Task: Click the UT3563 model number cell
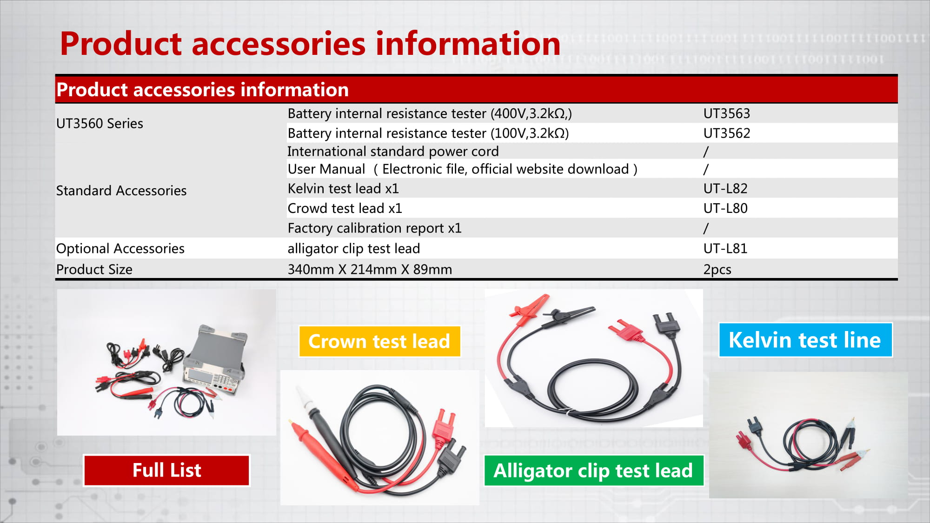[726, 113]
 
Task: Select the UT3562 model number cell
[726, 133]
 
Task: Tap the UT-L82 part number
[725, 188]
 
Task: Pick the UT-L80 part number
[725, 208]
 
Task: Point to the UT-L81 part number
[725, 248]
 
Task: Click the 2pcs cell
[717, 270]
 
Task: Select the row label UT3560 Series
[100, 124]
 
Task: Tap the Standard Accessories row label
[121, 191]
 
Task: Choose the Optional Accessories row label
[120, 249]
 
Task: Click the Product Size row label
[94, 270]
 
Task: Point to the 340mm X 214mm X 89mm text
[370, 270]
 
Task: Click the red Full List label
[166, 470]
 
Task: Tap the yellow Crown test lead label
[379, 341]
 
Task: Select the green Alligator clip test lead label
[594, 470]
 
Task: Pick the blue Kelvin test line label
[805, 340]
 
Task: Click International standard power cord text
[393, 152]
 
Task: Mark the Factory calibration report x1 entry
[374, 228]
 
